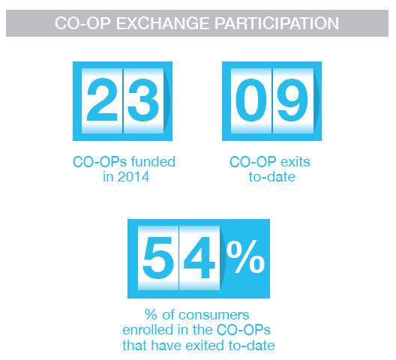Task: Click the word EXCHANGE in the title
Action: [x=163, y=23]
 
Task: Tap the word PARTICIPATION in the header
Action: [x=277, y=23]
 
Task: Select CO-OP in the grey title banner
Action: [x=82, y=23]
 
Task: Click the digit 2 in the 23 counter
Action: [x=102, y=100]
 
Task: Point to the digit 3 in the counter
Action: [x=143, y=100]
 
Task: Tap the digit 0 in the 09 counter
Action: [x=251, y=100]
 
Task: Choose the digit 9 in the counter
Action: [x=292, y=100]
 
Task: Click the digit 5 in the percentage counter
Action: [x=158, y=258]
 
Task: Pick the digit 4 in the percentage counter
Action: [x=199, y=257]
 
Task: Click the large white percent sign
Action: [x=245, y=257]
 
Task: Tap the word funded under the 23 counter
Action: [x=153, y=161]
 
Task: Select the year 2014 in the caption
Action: [x=133, y=176]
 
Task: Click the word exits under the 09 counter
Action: [x=295, y=162]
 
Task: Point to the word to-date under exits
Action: [x=272, y=177]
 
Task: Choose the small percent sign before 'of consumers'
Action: [x=151, y=315]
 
